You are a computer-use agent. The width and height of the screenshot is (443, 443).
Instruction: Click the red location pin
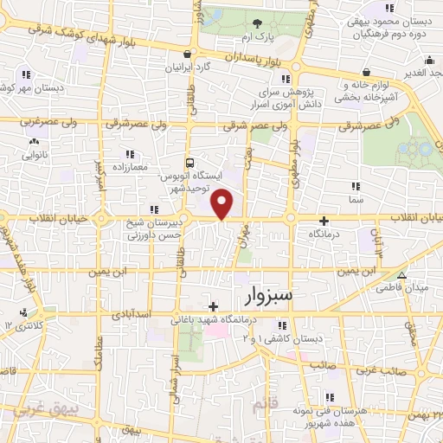(x=223, y=203)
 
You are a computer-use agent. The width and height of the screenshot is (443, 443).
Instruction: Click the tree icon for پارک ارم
(x=257, y=23)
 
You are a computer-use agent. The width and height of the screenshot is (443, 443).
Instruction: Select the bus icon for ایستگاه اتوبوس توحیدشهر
(x=189, y=162)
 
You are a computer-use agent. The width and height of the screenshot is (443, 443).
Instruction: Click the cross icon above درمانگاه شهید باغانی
(x=213, y=306)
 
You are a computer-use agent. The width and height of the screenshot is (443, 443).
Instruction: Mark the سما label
(x=355, y=199)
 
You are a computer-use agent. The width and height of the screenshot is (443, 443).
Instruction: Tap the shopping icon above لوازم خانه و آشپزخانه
(x=369, y=73)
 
